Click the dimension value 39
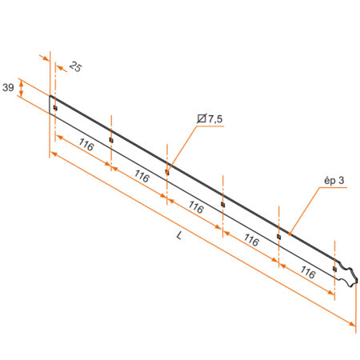pos(8,87)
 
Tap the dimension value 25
pos(75,67)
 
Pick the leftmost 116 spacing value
pos(86,146)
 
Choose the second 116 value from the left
pos(142,177)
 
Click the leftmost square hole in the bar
pos(54,108)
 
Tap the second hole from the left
pos(110,140)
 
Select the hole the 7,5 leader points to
pos(166,170)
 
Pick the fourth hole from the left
pos(222,204)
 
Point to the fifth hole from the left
pos(278,236)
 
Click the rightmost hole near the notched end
pos(334,268)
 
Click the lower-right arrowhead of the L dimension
pos(353,323)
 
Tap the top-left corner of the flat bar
pos(50,96)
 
